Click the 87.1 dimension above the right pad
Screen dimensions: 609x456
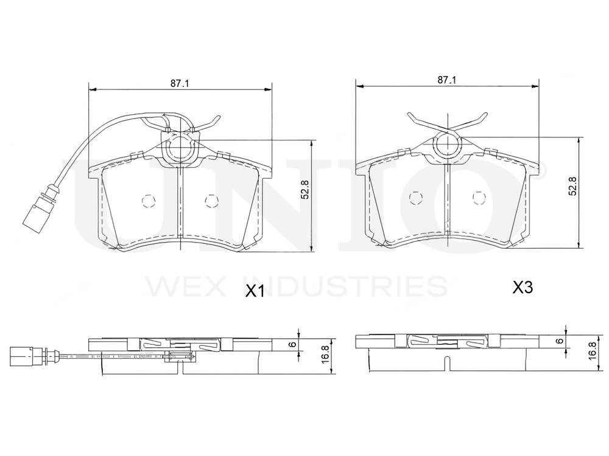tap(446, 80)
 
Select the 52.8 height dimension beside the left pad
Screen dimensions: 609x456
tap(305, 189)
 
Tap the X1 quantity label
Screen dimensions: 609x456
tap(255, 291)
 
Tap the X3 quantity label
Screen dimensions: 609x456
tap(523, 288)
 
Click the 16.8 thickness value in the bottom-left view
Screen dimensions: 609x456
tap(325, 354)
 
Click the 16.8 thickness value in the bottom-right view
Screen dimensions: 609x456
tap(593, 350)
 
